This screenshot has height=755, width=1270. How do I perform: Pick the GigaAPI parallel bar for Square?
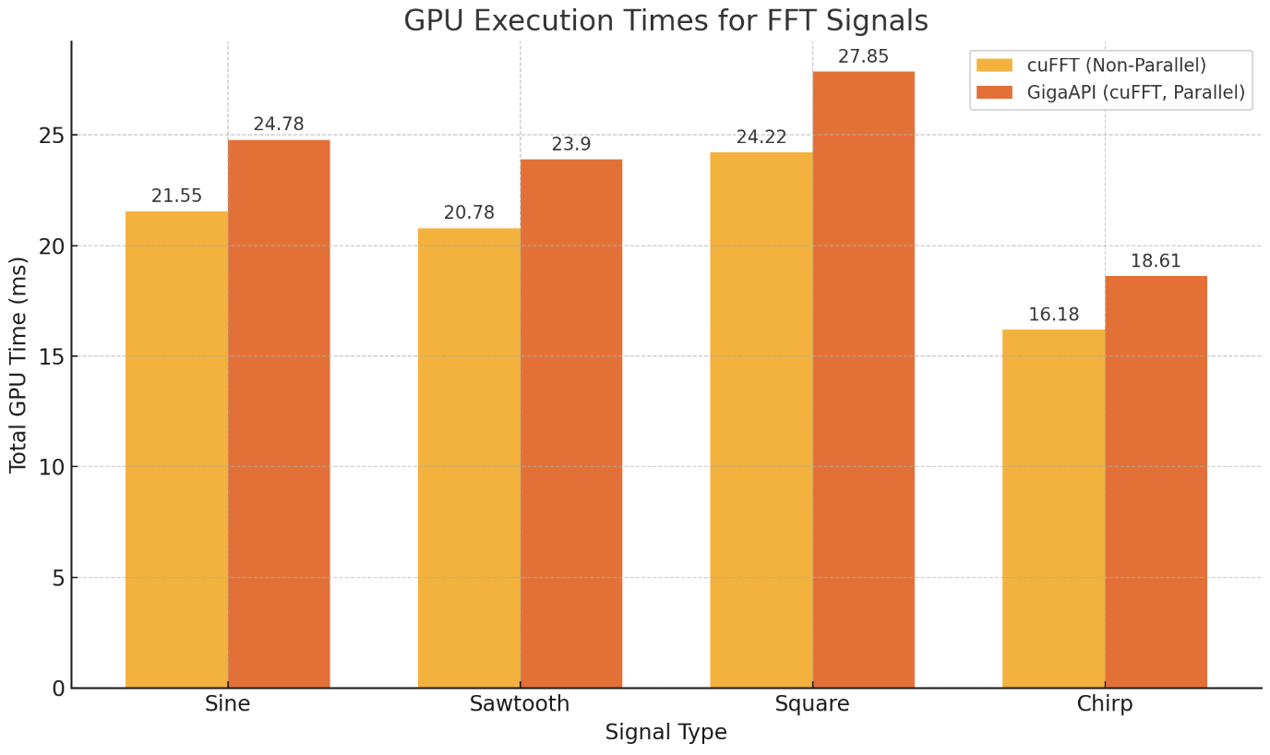point(863,379)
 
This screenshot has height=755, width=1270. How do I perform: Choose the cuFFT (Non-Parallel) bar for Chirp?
point(1053,509)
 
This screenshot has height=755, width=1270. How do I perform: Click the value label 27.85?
point(863,57)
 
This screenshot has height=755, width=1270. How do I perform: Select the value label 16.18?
point(1053,315)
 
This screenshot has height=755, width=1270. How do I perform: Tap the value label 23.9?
point(570,145)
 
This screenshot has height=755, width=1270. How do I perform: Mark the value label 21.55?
point(176,197)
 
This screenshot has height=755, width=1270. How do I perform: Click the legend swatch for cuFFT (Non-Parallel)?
point(994,66)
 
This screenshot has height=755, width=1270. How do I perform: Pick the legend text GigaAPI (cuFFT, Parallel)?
point(1135,92)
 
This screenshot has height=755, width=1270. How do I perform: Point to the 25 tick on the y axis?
point(51,136)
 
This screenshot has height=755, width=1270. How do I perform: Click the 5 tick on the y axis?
point(56,578)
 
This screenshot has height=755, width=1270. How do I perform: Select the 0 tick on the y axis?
point(56,689)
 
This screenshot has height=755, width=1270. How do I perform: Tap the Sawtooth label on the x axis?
point(520,704)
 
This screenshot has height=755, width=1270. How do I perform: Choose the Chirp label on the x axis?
point(1104,704)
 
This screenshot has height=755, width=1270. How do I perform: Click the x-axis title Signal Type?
point(665,733)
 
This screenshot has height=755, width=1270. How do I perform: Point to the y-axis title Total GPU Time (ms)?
point(18,365)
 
